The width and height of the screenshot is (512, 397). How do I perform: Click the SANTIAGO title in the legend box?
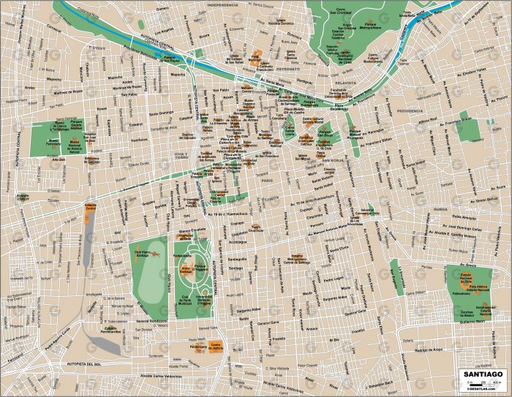tap(483, 374)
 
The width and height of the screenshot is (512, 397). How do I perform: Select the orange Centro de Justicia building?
tap(216, 345)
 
